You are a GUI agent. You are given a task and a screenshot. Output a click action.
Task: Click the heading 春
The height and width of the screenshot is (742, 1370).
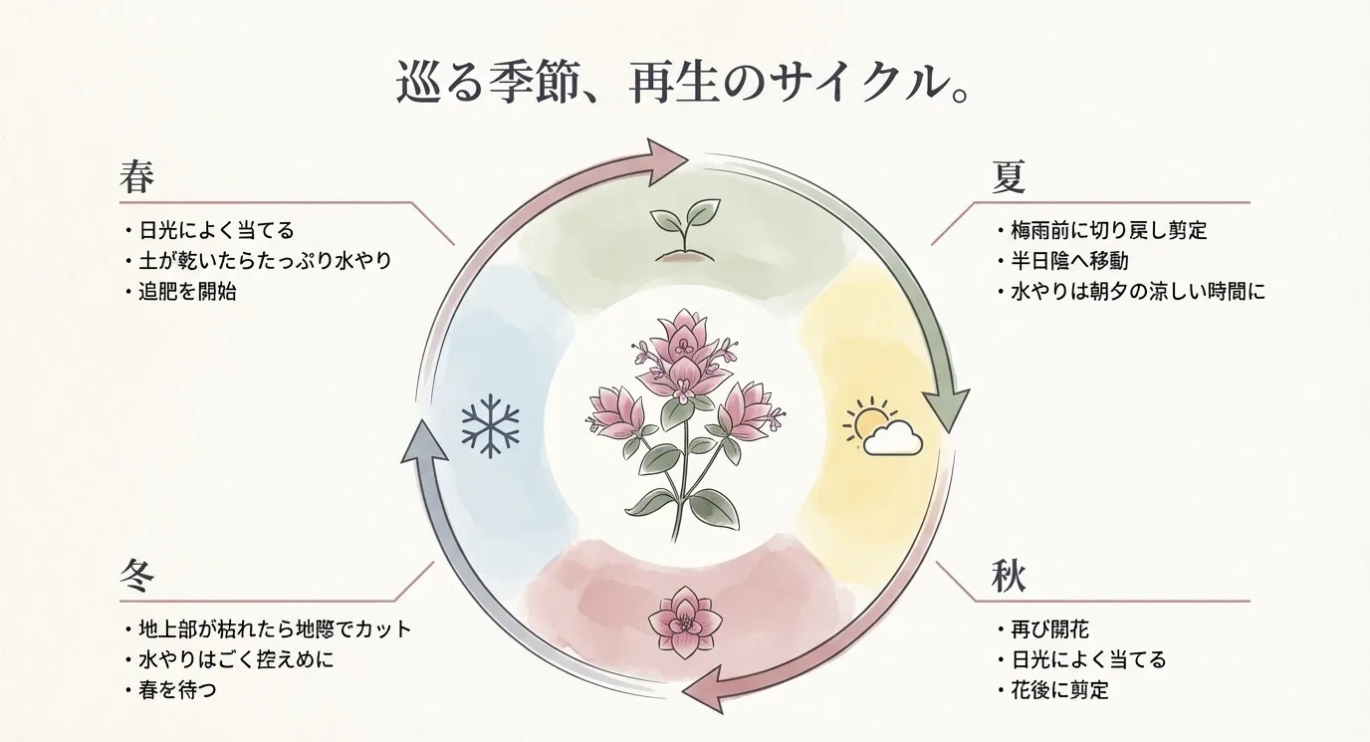pos(135,178)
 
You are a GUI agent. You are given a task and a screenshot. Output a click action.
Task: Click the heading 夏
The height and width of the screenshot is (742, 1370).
pos(1009,178)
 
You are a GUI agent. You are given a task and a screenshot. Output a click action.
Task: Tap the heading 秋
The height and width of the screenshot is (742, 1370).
pos(1009,579)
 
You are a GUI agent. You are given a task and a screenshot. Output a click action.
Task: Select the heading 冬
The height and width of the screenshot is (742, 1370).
pos(135,579)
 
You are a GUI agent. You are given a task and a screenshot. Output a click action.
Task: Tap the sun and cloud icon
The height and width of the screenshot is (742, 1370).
pos(881,428)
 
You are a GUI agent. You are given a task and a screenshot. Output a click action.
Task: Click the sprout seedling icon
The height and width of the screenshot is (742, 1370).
pos(684,230)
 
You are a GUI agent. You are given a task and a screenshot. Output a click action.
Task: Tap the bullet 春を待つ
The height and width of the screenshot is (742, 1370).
pos(176,689)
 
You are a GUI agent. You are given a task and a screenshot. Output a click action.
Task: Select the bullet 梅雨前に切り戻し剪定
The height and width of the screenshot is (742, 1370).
pos(1107,231)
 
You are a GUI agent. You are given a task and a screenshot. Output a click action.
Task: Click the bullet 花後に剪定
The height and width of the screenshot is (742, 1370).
pos(1058,689)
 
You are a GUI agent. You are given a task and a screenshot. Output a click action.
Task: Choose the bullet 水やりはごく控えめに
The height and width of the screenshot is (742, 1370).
pos(235,659)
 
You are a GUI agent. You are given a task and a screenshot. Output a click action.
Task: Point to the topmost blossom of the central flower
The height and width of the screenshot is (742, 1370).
pos(683,334)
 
